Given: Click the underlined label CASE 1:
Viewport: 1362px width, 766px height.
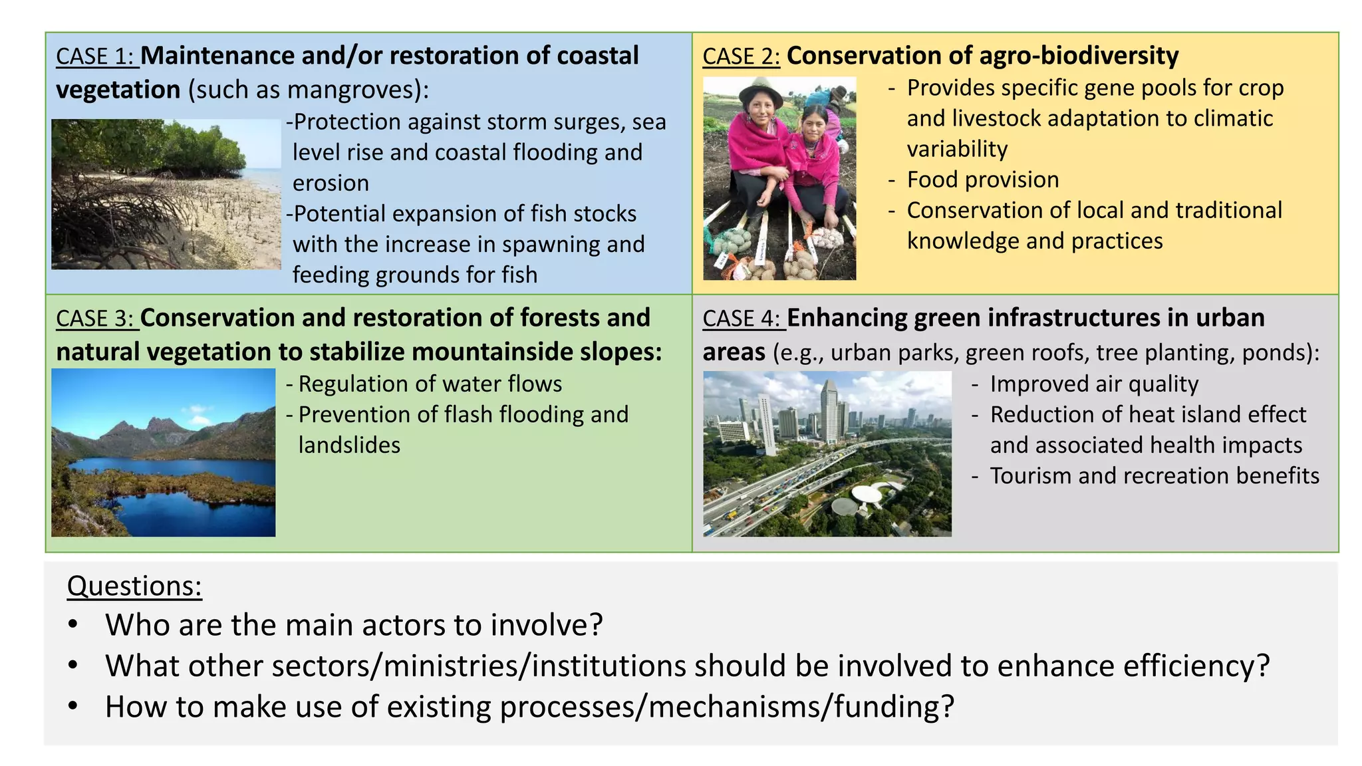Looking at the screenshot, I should pyautogui.click(x=96, y=57).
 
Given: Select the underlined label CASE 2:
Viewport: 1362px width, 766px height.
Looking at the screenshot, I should pyautogui.click(x=741, y=57).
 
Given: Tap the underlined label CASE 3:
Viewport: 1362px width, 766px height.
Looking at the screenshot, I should pyautogui.click(x=96, y=319).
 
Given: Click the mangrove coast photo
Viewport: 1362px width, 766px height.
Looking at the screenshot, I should pyautogui.click(x=166, y=194).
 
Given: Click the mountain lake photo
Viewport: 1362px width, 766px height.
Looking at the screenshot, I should pyautogui.click(x=163, y=452).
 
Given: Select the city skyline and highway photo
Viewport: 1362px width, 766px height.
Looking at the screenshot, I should pyautogui.click(x=827, y=453).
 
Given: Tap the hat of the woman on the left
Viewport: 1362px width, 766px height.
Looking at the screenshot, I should pyautogui.click(x=760, y=88).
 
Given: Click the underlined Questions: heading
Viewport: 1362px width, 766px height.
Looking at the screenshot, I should pyautogui.click(x=134, y=586).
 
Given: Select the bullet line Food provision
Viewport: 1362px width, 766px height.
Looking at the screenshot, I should pyautogui.click(x=982, y=180).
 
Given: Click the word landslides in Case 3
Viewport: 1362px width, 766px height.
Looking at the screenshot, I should pyautogui.click(x=349, y=445).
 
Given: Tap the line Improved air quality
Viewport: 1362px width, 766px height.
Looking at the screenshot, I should pyautogui.click(x=1093, y=384).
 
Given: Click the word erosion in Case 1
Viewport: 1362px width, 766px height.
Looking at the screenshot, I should pyautogui.click(x=331, y=183).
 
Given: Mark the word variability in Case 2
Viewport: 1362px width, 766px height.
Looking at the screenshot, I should pyautogui.click(x=957, y=149).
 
